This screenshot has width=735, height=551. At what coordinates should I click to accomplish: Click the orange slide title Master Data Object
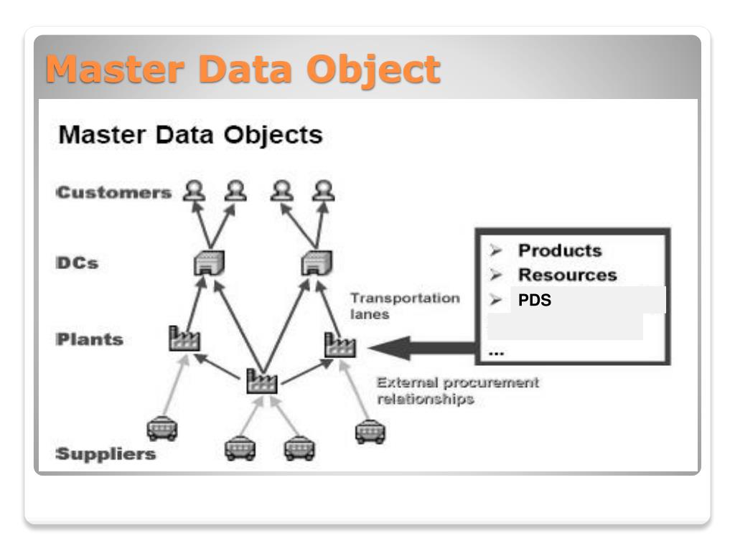click(242, 70)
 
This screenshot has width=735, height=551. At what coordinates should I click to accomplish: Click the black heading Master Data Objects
click(190, 134)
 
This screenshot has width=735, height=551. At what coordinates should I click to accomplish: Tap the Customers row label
click(114, 192)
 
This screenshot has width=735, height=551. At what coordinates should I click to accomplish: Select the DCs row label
click(77, 263)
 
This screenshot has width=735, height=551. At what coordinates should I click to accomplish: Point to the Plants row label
click(90, 339)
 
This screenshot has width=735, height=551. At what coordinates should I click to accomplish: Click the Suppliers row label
click(106, 454)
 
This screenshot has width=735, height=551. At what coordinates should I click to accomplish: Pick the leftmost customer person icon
click(194, 190)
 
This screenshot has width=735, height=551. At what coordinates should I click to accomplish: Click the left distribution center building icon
click(209, 264)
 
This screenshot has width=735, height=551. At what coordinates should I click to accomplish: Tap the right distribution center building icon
click(317, 264)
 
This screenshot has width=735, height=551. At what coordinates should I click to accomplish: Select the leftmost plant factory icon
click(184, 339)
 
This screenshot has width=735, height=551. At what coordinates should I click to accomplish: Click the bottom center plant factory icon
click(261, 380)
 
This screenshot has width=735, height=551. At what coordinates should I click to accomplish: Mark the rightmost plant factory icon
click(340, 345)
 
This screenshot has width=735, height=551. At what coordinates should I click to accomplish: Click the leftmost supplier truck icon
click(162, 429)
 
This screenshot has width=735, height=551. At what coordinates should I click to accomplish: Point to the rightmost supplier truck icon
click(370, 431)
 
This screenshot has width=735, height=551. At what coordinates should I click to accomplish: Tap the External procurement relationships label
click(457, 391)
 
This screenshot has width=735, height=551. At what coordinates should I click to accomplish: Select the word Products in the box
click(560, 250)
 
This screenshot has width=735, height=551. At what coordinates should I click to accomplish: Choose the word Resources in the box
click(567, 275)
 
